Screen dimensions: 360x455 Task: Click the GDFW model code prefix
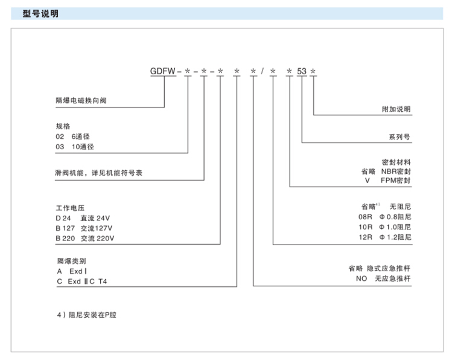click(x=162, y=71)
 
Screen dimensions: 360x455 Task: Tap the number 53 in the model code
click(x=302, y=71)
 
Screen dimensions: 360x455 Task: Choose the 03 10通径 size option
click(x=75, y=146)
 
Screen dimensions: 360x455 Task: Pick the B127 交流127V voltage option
click(x=84, y=228)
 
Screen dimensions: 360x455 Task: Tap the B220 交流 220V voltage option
click(x=85, y=238)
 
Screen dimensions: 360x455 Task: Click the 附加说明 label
click(x=396, y=109)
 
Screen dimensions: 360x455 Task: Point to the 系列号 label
click(x=399, y=137)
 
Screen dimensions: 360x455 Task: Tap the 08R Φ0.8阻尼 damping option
click(x=384, y=216)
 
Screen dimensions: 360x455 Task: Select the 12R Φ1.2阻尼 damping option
click(x=384, y=237)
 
